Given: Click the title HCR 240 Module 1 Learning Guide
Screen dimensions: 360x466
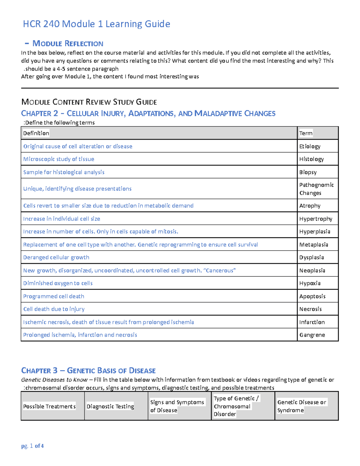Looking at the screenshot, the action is click(96, 24).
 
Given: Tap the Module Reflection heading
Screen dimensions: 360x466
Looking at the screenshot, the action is click(67, 44).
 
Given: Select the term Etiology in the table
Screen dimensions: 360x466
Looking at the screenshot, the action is click(310, 146).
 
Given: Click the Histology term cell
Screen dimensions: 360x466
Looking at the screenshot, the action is click(311, 159).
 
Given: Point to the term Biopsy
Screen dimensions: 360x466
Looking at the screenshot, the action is click(308, 172).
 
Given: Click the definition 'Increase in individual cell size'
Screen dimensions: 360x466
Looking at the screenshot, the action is click(61, 219).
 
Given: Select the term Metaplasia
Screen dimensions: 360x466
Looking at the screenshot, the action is click(313, 245).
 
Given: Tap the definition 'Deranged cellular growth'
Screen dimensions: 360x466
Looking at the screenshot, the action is click(56, 257).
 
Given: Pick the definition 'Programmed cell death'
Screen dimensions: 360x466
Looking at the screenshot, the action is click(54, 296).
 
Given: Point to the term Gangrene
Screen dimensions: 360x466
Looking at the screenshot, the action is click(312, 335).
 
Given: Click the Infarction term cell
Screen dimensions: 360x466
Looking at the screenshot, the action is click(312, 322).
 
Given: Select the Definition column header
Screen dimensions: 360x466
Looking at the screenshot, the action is click(36, 133).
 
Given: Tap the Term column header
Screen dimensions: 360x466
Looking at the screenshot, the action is click(306, 133).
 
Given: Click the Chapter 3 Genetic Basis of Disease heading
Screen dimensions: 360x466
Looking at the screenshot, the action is click(88, 370).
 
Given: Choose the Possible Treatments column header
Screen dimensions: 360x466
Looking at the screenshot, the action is click(49, 406).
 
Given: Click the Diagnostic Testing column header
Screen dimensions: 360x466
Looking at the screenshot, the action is click(110, 406).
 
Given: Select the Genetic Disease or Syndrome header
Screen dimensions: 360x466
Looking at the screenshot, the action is click(301, 406).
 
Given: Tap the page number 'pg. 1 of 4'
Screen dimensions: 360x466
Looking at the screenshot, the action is click(32, 446).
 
